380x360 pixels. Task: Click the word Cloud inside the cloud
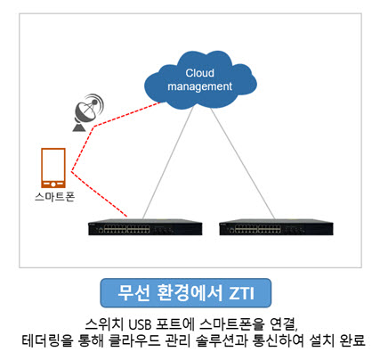(x=199, y=73)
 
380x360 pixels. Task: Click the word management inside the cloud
(x=199, y=86)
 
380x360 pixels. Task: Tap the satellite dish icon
(x=88, y=112)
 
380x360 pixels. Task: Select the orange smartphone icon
(x=53, y=168)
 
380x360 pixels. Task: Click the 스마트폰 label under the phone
(x=54, y=197)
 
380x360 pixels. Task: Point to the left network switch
(x=145, y=227)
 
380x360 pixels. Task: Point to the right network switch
(x=276, y=227)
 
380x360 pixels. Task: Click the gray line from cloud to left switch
(x=168, y=162)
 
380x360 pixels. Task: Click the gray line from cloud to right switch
(x=243, y=164)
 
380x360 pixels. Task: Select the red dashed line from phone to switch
(x=99, y=194)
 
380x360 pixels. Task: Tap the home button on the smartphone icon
(x=53, y=184)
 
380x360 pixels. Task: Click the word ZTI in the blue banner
(x=242, y=293)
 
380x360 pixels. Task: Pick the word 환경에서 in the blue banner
(x=190, y=293)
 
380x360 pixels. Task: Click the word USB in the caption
(x=144, y=324)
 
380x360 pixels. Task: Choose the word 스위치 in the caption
(x=104, y=324)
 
